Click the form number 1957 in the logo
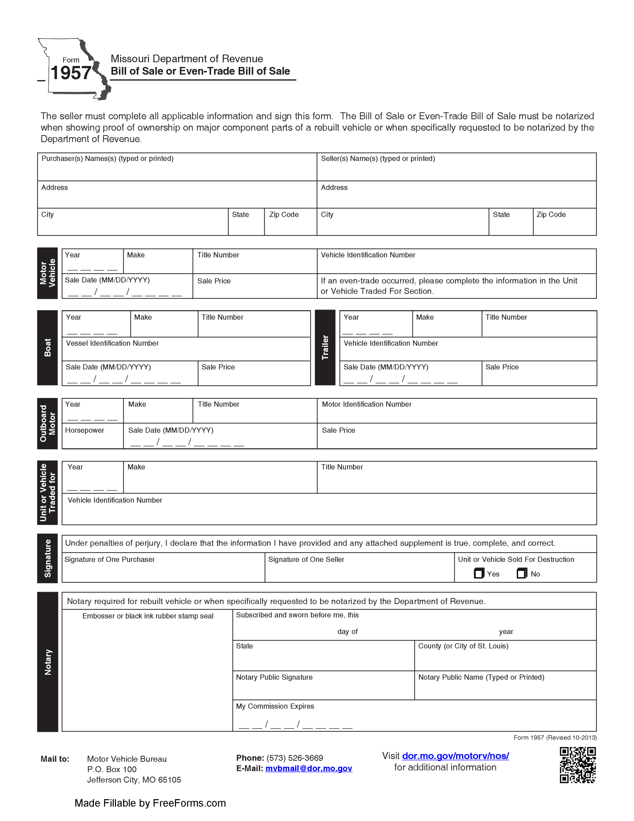(70, 73)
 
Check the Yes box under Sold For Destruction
(479, 573)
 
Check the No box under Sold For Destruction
(521, 573)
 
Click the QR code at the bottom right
(577, 765)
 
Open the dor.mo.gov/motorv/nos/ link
(455, 756)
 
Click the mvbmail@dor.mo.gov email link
(309, 768)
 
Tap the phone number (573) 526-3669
(294, 758)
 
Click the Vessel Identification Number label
(112, 343)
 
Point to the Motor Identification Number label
(366, 404)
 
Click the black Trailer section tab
(325, 347)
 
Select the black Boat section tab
(47, 347)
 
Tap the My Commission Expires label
(275, 706)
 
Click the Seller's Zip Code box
(564, 225)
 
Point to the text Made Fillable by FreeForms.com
(150, 803)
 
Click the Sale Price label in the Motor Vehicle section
(214, 281)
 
